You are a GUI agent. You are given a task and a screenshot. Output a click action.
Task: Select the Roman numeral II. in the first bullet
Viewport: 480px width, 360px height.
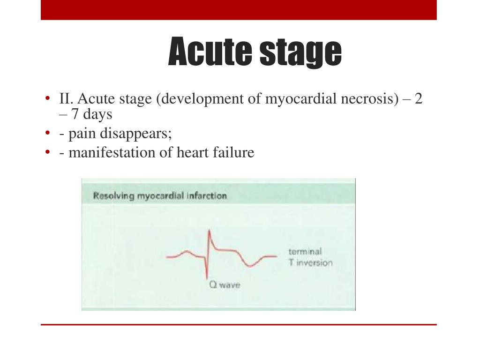67,99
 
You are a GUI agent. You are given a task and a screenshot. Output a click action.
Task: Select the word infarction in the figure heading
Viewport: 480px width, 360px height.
206,195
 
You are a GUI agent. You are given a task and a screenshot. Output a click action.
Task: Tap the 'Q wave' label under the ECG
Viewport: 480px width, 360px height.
224,285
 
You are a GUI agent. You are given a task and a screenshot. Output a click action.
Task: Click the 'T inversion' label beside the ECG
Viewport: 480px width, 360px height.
310,262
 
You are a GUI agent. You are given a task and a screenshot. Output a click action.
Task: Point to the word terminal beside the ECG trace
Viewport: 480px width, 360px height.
305,252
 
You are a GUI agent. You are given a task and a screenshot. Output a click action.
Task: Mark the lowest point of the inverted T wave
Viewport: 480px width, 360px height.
250,266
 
